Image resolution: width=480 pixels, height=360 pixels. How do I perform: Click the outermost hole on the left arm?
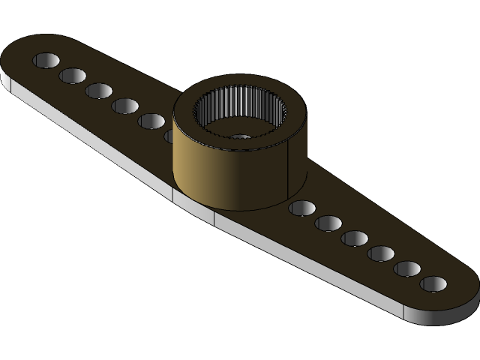46,60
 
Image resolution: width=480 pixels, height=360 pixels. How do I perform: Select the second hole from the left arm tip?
73,76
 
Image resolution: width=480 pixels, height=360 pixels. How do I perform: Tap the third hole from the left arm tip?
98,91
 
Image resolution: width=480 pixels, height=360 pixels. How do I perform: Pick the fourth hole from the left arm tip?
124,106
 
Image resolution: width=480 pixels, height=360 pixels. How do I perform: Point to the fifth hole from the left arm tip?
151,121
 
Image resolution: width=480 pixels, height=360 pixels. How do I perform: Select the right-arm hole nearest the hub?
301,208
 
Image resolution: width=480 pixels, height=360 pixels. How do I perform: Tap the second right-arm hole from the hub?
328,223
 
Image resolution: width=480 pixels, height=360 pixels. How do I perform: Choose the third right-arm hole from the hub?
355,238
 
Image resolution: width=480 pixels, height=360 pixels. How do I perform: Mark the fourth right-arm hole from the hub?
381,253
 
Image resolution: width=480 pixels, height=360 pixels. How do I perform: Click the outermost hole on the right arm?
433,284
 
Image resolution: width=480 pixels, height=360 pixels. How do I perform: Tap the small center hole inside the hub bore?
240,137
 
